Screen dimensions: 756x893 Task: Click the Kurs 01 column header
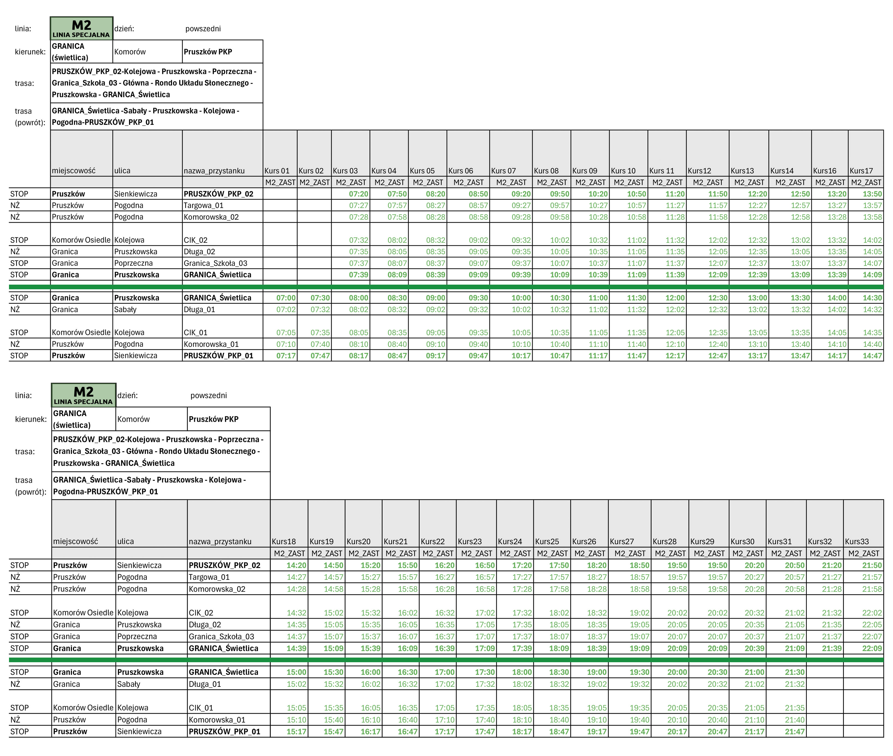click(x=277, y=171)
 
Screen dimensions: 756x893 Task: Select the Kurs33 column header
click(x=856, y=541)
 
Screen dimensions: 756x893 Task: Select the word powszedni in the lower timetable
click(x=208, y=395)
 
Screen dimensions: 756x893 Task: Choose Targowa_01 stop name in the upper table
click(x=204, y=205)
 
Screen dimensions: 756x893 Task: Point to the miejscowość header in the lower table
click(x=76, y=541)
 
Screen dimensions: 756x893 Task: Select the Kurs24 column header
click(x=510, y=541)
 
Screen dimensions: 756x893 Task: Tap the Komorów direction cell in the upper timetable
click(x=130, y=52)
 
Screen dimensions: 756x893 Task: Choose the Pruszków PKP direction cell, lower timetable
click(x=214, y=419)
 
